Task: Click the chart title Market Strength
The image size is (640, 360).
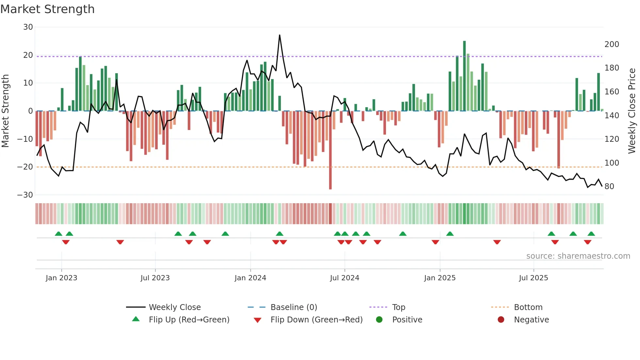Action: tap(47, 9)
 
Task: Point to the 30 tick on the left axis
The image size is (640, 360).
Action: tap(28, 27)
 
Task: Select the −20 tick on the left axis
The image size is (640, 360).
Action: tap(25, 167)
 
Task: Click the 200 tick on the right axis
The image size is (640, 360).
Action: tap(612, 44)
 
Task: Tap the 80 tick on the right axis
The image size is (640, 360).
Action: tap(609, 187)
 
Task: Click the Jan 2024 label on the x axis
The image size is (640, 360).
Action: tap(250, 278)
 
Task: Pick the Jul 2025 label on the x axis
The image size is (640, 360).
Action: tap(533, 278)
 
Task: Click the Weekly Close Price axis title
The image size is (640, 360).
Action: tap(632, 111)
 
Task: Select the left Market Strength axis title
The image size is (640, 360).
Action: tap(6, 111)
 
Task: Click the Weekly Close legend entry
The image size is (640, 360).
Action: tap(174, 307)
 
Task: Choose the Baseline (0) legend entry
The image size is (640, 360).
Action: tap(294, 307)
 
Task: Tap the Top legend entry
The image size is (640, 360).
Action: tap(398, 307)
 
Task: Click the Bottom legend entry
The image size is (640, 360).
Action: tap(528, 307)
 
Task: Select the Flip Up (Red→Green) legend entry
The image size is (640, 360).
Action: tap(189, 320)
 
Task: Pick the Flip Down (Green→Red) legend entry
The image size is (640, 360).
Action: tap(316, 320)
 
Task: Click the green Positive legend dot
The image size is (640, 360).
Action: tap(379, 319)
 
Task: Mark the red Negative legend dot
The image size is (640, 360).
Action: tap(501, 319)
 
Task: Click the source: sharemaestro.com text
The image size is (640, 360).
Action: tap(578, 256)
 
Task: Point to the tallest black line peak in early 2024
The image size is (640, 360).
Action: tap(280, 35)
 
